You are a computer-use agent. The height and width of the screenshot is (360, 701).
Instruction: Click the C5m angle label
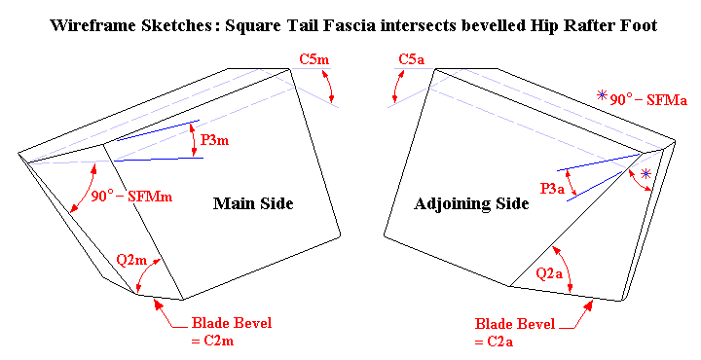tap(314, 60)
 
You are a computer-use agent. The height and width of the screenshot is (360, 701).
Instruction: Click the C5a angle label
tap(413, 60)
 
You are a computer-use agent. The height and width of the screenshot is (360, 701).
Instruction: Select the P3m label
tap(214, 140)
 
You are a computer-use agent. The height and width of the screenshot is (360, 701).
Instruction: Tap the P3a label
tap(553, 189)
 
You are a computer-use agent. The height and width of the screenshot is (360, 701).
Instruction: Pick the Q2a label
tap(551, 274)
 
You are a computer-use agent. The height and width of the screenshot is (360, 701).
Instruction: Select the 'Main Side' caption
tap(253, 203)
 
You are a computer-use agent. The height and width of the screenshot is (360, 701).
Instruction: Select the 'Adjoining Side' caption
tap(471, 203)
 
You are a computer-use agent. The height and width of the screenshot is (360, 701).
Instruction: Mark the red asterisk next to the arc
tap(646, 175)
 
